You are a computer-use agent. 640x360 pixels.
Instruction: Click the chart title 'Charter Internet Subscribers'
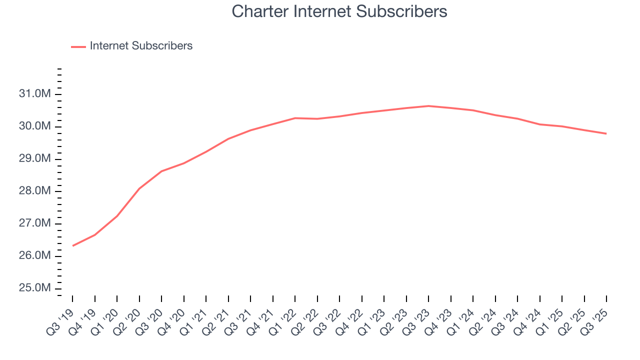click(339, 11)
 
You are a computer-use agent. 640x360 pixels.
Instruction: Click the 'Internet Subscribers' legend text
click(141, 46)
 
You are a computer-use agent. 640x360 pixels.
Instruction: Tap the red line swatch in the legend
click(78, 46)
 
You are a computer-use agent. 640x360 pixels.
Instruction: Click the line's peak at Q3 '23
click(428, 106)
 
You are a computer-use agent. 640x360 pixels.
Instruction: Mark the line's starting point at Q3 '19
click(72, 245)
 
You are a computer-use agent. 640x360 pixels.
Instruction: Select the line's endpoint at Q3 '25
click(606, 133)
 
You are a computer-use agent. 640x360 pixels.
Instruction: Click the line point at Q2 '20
click(139, 188)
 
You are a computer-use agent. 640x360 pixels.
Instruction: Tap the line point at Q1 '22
click(295, 118)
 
